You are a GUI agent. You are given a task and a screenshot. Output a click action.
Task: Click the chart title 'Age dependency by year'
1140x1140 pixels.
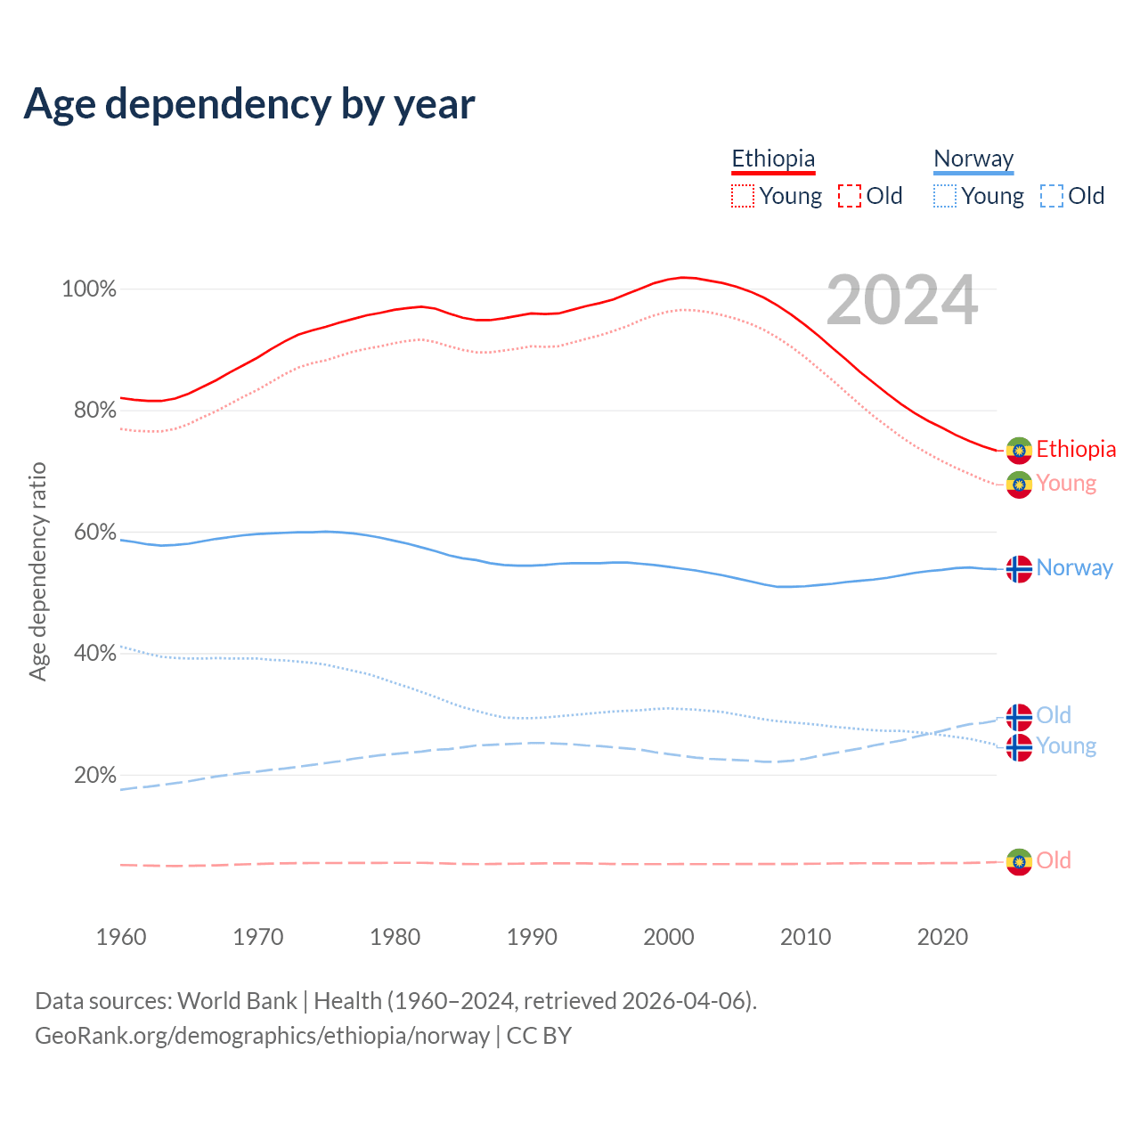[x=249, y=103]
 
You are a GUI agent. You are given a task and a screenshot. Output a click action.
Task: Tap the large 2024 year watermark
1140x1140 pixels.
[x=901, y=300]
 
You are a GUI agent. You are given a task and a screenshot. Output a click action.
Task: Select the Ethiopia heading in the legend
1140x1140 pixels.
[x=773, y=159]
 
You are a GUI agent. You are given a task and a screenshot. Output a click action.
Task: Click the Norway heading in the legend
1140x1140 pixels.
[x=973, y=159]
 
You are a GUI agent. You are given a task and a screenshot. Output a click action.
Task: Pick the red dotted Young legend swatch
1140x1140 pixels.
[x=743, y=196]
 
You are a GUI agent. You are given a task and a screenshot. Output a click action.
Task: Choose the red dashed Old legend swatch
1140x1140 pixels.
[x=850, y=196]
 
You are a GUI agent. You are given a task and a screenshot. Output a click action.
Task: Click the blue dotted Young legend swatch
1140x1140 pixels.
[x=945, y=196]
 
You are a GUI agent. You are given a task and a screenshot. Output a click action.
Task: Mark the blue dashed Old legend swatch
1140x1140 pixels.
[x=1052, y=196]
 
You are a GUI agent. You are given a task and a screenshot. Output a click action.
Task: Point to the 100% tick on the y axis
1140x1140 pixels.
[x=89, y=289]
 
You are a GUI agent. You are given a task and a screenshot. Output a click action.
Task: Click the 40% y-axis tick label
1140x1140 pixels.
[x=94, y=654]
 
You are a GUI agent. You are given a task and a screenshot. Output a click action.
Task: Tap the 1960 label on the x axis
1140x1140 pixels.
[x=121, y=937]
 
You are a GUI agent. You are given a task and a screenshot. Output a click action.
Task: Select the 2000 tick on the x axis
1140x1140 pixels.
[x=669, y=937]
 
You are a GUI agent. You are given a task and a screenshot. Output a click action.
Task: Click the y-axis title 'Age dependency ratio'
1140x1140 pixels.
[x=37, y=571]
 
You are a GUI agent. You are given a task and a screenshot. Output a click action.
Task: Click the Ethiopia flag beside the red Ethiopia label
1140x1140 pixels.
[x=1019, y=451]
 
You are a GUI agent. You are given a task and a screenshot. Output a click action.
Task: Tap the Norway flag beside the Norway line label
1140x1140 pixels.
[x=1019, y=568]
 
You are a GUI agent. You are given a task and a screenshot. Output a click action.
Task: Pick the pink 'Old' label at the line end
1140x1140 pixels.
[x=1054, y=860]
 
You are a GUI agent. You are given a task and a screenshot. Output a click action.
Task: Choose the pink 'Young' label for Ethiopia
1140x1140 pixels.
[x=1066, y=484]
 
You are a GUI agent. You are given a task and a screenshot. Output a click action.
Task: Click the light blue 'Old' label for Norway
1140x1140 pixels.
[x=1054, y=715]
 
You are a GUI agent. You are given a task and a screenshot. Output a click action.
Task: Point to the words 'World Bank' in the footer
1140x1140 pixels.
[x=237, y=1001]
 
